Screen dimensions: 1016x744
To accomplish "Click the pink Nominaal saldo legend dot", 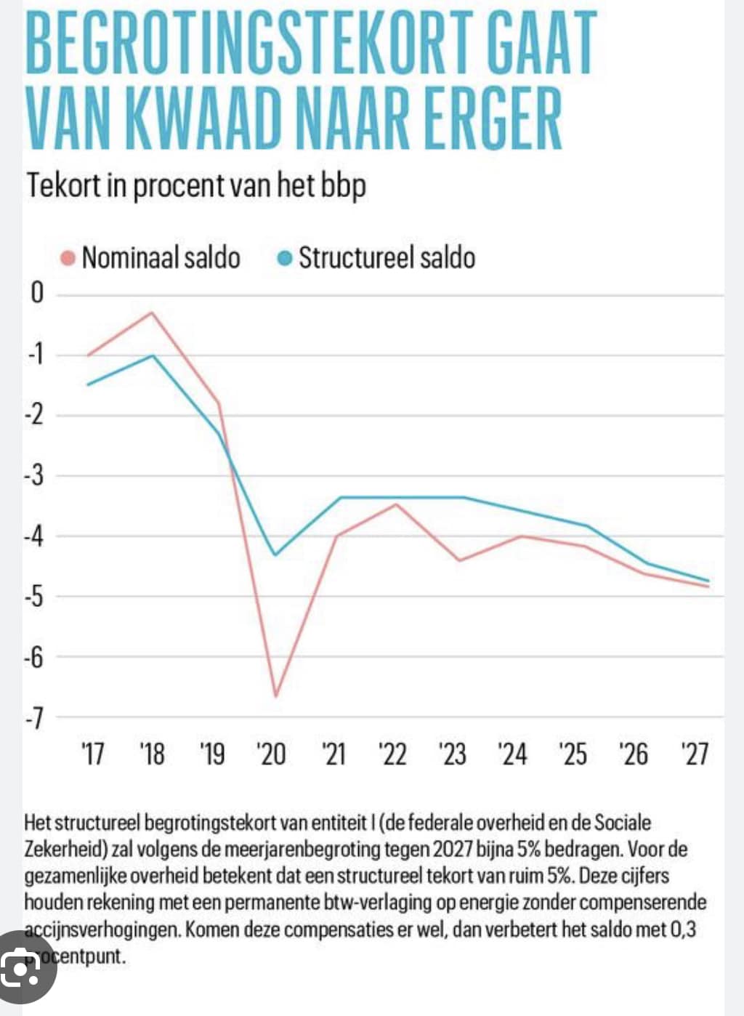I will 68,258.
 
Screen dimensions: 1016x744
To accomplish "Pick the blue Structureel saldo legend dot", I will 286,258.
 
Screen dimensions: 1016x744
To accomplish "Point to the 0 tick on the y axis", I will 37,293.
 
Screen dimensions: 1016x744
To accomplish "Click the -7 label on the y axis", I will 35,718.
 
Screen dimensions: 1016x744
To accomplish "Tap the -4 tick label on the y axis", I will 35,536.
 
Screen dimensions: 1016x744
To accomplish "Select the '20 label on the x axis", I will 271,754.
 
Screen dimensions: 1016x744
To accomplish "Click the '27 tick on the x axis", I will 695,754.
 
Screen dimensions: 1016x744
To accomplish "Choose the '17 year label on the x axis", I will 92,754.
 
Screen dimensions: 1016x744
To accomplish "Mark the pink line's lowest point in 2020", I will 276,696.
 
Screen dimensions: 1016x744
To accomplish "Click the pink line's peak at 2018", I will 152,313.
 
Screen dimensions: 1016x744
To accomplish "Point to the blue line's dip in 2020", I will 275,555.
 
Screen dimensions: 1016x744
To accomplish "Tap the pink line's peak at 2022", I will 396,504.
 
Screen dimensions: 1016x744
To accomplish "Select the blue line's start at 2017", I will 88,384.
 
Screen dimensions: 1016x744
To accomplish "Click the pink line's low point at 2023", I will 459,560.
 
